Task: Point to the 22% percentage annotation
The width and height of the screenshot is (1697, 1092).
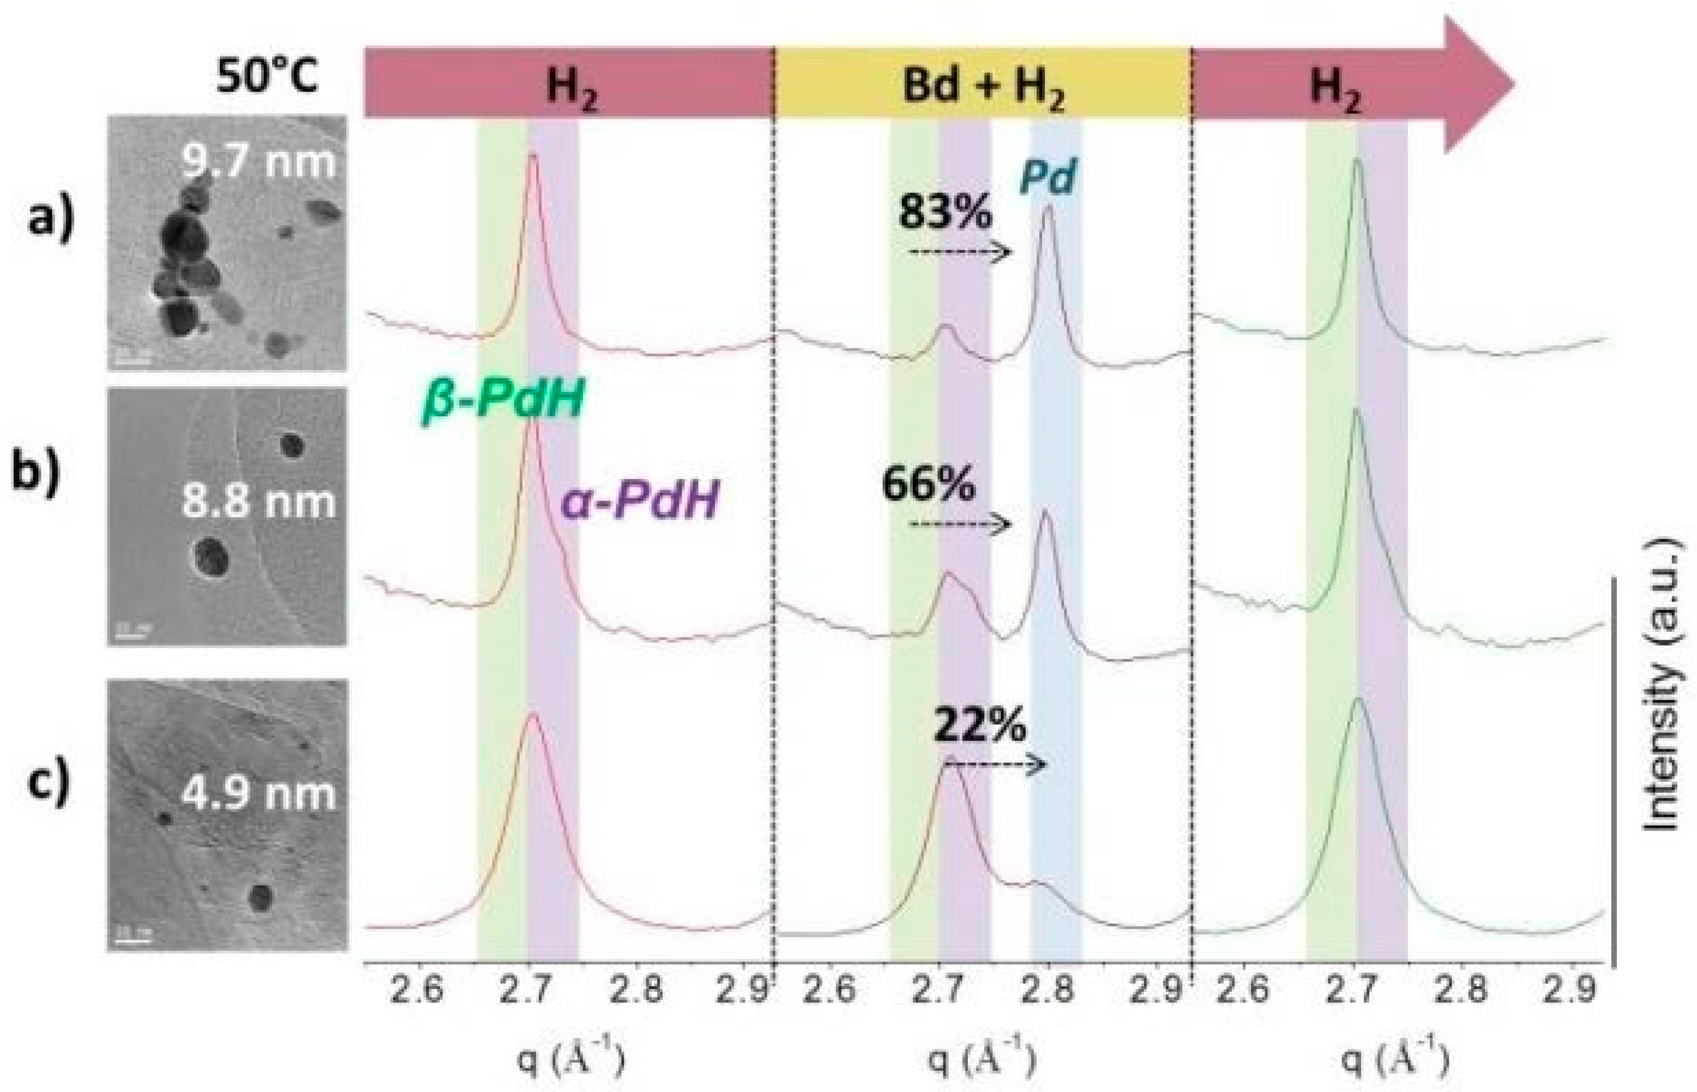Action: [979, 725]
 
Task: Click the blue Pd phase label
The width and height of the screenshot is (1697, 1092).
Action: [1048, 177]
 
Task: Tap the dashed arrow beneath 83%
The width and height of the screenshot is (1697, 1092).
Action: [960, 252]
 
